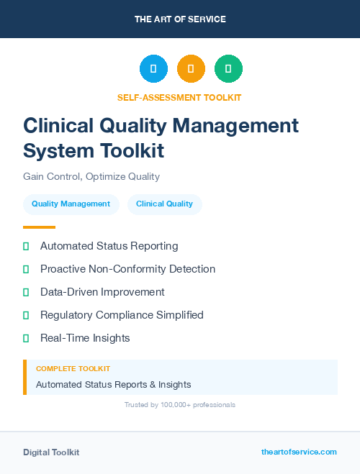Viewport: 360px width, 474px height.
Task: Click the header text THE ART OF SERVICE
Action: click(180, 19)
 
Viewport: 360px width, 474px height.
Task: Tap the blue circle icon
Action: click(153, 68)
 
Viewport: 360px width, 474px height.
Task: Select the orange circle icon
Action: click(191, 68)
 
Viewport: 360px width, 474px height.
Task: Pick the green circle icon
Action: click(228, 68)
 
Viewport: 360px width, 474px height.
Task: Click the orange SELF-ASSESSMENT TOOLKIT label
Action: click(179, 97)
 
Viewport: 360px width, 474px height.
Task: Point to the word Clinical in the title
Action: click(58, 125)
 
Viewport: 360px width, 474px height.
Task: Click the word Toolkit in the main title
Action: click(132, 151)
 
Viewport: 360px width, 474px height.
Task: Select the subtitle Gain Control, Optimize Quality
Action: click(91, 176)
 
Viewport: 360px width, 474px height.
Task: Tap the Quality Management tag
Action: click(71, 204)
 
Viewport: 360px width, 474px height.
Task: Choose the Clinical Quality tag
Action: click(164, 204)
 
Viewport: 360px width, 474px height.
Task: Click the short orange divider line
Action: click(39, 227)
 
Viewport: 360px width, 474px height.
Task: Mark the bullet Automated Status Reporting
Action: click(109, 246)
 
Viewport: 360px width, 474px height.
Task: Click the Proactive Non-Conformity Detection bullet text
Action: click(127, 269)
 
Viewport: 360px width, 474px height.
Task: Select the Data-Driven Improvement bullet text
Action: click(102, 292)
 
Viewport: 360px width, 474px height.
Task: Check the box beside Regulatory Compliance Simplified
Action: click(26, 315)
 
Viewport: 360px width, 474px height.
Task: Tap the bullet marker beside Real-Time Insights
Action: click(26, 338)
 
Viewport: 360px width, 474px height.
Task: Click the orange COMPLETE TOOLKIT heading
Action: click(73, 369)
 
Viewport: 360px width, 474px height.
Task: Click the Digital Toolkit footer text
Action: click(51, 452)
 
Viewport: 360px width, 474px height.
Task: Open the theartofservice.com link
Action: click(299, 452)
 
